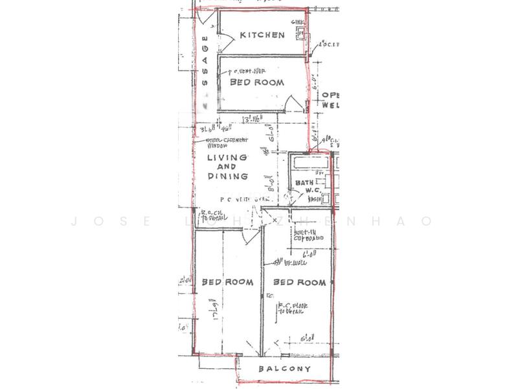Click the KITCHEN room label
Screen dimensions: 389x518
pos(262,35)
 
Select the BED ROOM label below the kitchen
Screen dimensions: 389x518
pos(257,83)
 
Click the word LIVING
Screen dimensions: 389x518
pos(227,158)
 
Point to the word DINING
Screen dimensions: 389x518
pos(228,176)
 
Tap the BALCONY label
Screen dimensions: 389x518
pos(284,369)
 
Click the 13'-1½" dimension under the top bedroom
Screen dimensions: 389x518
pos(251,119)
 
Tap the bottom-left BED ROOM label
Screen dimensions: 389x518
pos(226,282)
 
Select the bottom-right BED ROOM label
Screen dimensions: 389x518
pos(298,283)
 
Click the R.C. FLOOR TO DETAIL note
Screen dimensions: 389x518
pos(292,308)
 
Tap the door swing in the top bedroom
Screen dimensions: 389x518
pos(292,103)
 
